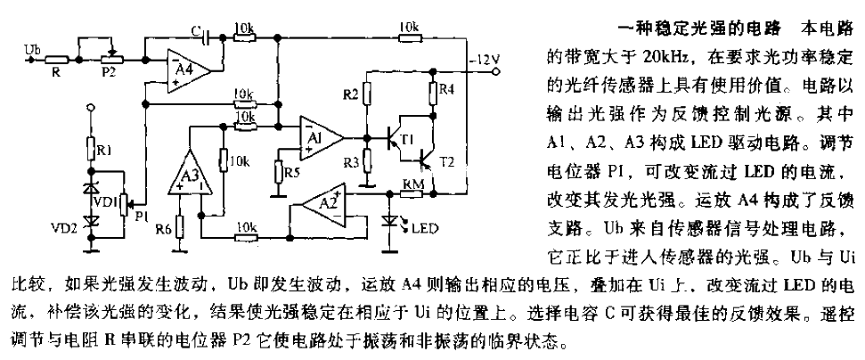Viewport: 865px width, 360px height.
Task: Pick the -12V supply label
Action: pos(487,61)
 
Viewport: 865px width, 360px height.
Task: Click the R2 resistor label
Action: pos(352,94)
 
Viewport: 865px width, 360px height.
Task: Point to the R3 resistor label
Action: pos(352,163)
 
